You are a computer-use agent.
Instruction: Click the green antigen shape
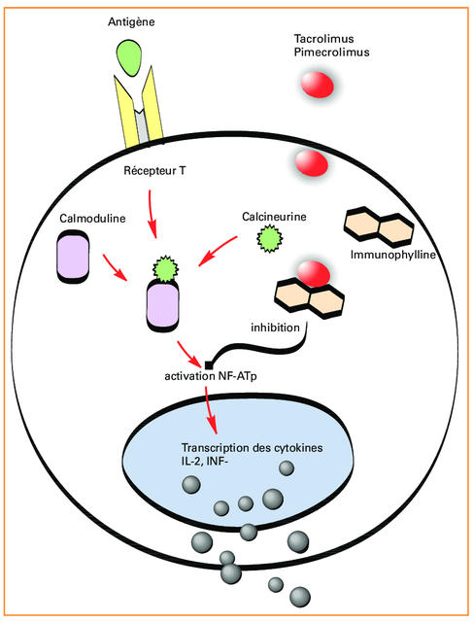(x=129, y=57)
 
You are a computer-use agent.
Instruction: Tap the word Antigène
(x=131, y=21)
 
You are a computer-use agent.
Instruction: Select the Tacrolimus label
(x=324, y=39)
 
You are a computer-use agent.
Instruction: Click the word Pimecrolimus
(x=331, y=52)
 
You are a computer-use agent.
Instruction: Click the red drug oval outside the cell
(x=318, y=85)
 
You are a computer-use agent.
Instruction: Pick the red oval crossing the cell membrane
(x=311, y=163)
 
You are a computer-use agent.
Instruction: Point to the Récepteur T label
(x=154, y=171)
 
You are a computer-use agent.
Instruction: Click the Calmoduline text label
(x=92, y=218)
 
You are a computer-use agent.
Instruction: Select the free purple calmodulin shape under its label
(x=74, y=257)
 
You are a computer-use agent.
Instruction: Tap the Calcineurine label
(x=274, y=217)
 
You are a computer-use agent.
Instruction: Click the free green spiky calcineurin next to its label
(x=270, y=238)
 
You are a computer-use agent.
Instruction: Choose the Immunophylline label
(x=393, y=255)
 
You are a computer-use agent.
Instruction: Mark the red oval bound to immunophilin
(x=313, y=274)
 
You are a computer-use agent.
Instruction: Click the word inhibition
(x=275, y=328)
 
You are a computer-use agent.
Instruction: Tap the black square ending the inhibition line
(x=208, y=364)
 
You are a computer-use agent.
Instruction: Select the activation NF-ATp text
(x=211, y=376)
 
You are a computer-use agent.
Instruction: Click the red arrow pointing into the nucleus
(x=211, y=409)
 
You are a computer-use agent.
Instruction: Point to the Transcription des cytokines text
(x=252, y=448)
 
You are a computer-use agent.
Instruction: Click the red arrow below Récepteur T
(x=152, y=214)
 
